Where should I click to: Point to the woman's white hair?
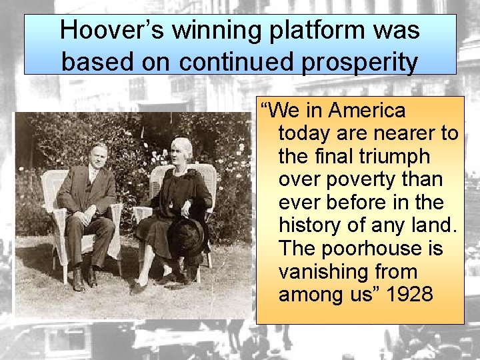coord(181,144)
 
